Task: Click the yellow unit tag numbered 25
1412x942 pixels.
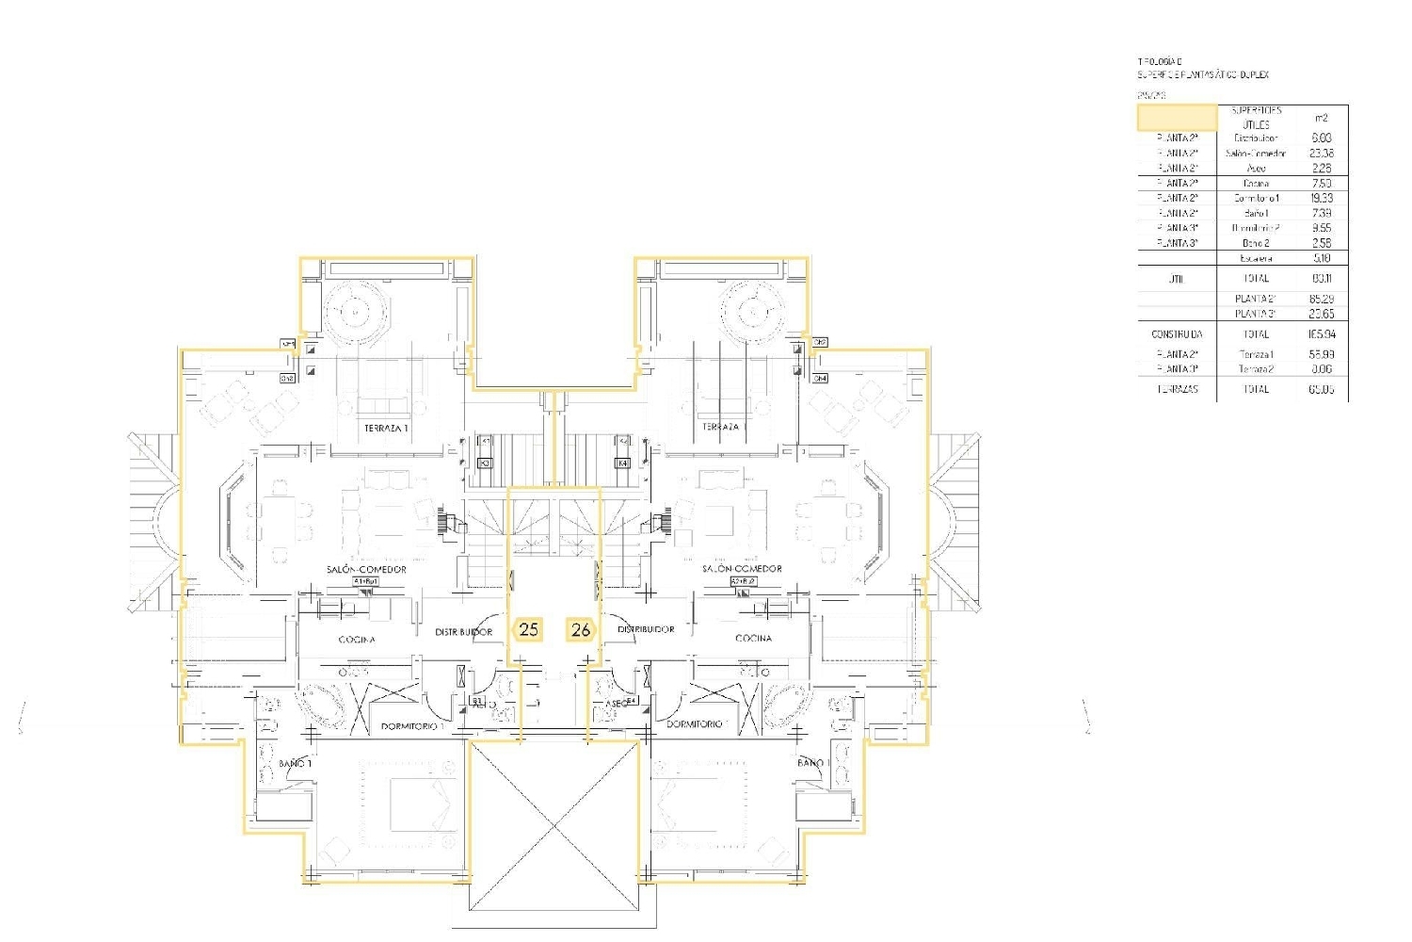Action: pos(529,629)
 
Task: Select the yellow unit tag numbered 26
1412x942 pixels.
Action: pos(581,630)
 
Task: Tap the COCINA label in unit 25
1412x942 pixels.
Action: pos(357,640)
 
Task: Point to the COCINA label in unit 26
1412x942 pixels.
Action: pos(753,638)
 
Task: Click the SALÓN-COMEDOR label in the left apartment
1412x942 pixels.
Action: pos(367,569)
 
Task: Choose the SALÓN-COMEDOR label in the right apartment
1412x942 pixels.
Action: pos(742,569)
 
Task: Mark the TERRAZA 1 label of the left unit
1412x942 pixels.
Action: pos(386,429)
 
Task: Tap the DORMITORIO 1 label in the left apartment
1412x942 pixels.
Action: pos(411,726)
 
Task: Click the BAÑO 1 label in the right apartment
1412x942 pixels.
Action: pos(812,763)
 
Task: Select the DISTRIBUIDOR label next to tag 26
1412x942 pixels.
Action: pos(646,629)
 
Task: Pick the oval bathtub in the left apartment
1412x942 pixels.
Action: pos(320,703)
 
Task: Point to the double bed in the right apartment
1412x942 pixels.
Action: pos(694,805)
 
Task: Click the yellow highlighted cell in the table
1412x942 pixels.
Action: pos(1177,118)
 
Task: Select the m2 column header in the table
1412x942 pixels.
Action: pos(1321,118)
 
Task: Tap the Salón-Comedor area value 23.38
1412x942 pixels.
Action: pos(1321,153)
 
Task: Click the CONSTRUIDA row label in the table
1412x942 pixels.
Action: pos(1177,334)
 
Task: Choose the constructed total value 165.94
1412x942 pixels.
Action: pos(1321,334)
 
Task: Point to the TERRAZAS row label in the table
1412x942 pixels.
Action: pos(1177,389)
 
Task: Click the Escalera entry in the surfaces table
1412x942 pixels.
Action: pos(1256,258)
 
